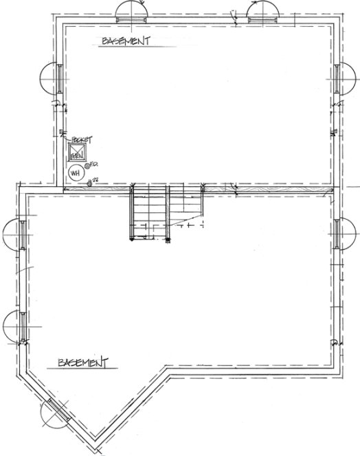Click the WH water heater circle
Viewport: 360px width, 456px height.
pos(75,172)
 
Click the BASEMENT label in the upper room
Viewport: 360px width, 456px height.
pos(126,42)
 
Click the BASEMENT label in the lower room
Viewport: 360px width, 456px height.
pos(83,361)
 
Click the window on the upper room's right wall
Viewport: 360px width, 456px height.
pos(341,78)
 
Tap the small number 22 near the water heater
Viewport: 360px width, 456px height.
pos(95,179)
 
